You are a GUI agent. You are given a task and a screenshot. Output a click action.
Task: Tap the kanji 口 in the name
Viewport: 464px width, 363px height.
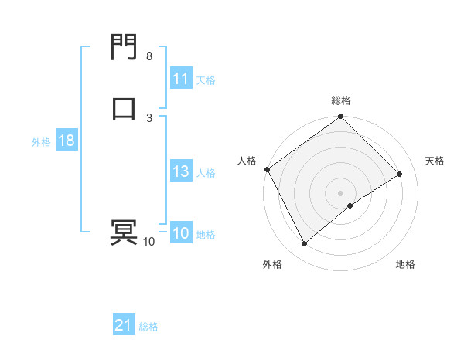click(124, 109)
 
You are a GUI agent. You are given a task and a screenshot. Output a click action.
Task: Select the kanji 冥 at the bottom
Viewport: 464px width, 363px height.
click(124, 232)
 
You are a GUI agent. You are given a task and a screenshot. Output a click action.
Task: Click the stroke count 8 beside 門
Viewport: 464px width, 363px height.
click(149, 56)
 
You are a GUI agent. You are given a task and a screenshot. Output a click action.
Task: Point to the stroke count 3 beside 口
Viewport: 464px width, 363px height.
click(149, 117)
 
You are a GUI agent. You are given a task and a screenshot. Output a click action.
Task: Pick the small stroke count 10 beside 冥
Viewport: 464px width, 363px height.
click(148, 242)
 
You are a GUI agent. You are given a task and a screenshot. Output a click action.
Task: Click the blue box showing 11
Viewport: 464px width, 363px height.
click(180, 79)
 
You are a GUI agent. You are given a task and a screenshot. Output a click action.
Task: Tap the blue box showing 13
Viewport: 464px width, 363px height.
click(180, 172)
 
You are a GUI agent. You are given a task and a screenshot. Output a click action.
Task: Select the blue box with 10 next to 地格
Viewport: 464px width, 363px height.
click(180, 234)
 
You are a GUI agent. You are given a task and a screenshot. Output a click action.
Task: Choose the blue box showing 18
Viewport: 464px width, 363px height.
click(66, 141)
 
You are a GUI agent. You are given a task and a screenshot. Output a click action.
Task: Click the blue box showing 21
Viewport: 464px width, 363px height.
click(124, 326)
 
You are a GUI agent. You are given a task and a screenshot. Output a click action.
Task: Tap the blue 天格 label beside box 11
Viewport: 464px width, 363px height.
click(206, 80)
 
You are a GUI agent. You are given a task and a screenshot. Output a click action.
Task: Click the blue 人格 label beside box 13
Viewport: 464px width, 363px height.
click(206, 173)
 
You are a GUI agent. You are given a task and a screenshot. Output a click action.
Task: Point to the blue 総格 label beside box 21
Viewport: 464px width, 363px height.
click(148, 327)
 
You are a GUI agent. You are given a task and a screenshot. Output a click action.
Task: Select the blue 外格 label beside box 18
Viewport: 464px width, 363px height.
click(41, 142)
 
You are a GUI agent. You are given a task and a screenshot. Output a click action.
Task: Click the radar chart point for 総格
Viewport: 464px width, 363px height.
click(341, 117)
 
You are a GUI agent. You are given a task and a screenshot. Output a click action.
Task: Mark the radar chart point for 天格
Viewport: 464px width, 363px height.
click(400, 174)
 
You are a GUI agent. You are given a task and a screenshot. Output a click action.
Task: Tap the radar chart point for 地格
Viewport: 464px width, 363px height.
click(350, 205)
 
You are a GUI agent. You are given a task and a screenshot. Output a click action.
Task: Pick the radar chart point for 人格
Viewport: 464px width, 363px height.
click(267, 169)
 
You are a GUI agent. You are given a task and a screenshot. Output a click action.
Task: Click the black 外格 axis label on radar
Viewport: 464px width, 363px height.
click(272, 265)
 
